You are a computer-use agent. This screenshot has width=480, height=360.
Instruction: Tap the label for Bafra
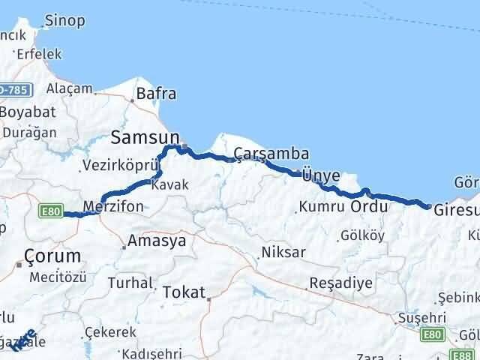pos(156,94)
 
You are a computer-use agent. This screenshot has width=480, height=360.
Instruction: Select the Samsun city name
pos(145,137)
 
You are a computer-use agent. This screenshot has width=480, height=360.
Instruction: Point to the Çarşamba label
pos(261,153)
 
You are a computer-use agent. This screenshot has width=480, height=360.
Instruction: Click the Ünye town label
pos(322,175)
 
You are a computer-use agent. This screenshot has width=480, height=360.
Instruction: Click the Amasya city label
pos(156,241)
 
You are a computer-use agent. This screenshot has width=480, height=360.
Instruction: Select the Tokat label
pos(184,292)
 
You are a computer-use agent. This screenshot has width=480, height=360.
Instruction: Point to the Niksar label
pos(283,253)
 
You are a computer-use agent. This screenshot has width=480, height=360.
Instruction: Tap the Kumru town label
pos(319,205)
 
